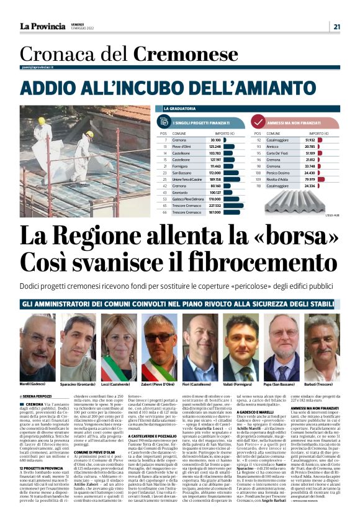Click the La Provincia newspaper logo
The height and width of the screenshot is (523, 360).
[42, 25]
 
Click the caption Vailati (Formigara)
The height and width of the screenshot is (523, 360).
[240, 384]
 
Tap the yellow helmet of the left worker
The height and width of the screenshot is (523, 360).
[42, 121]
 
